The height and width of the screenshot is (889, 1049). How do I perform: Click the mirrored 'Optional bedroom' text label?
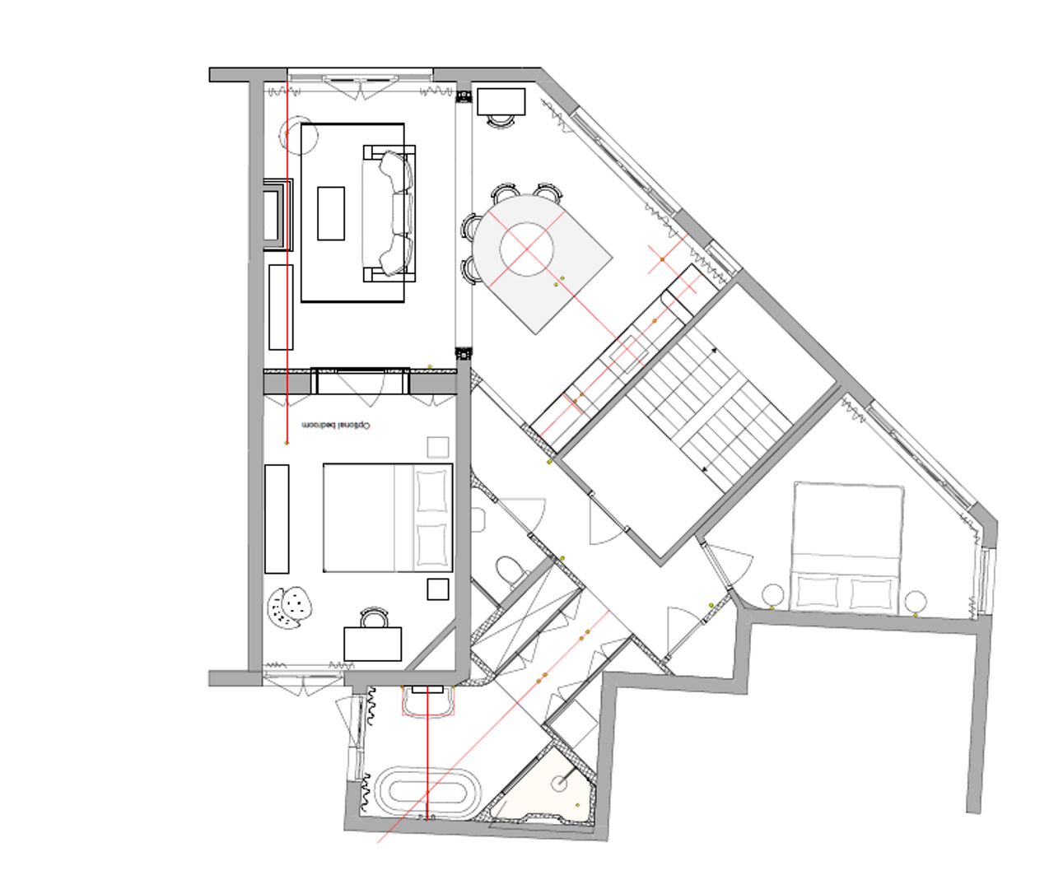pyautogui.click(x=337, y=426)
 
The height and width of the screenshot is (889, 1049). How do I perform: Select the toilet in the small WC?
pyautogui.click(x=511, y=570)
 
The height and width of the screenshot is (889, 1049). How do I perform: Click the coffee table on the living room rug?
pyautogui.click(x=331, y=213)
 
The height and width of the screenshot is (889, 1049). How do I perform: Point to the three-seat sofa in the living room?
pyautogui.click(x=389, y=213)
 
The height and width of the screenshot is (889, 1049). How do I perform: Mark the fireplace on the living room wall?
pyautogui.click(x=278, y=215)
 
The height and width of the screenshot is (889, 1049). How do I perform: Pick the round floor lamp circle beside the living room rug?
pyautogui.click(x=300, y=135)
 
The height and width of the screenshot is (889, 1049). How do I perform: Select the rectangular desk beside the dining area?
pyautogui.click(x=501, y=101)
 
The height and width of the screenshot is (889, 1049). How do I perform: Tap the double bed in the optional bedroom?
pyautogui.click(x=388, y=518)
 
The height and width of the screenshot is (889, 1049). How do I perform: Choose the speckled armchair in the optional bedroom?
pyautogui.click(x=289, y=607)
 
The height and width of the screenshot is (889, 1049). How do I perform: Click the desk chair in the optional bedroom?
pyautogui.click(x=374, y=617)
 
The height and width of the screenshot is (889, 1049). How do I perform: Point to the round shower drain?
pyautogui.click(x=559, y=784)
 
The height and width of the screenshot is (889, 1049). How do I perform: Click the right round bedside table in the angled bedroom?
pyautogui.click(x=917, y=602)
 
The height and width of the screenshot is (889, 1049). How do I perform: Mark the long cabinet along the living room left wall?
pyautogui.click(x=281, y=307)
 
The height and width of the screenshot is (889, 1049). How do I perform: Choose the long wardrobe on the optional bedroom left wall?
pyautogui.click(x=277, y=519)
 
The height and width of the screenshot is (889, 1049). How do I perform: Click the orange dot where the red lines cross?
pyautogui.click(x=662, y=260)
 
